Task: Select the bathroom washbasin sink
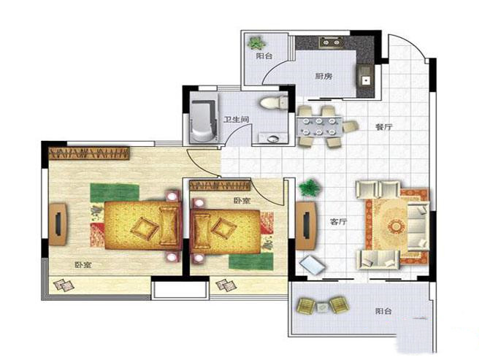(273, 139)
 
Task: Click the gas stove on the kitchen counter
(331, 42)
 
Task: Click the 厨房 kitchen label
(324, 76)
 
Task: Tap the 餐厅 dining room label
(384, 126)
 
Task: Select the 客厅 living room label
(338, 221)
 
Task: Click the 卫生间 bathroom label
(236, 119)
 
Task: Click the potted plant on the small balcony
(256, 43)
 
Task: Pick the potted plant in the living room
(310, 188)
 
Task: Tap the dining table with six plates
(319, 126)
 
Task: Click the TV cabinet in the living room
(306, 226)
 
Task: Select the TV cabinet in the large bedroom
(58, 224)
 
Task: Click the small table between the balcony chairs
(323, 307)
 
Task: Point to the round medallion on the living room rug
(397, 227)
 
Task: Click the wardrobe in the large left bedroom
(89, 153)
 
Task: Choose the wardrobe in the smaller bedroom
(220, 185)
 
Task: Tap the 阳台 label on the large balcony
(383, 311)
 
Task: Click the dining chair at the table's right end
(351, 126)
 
